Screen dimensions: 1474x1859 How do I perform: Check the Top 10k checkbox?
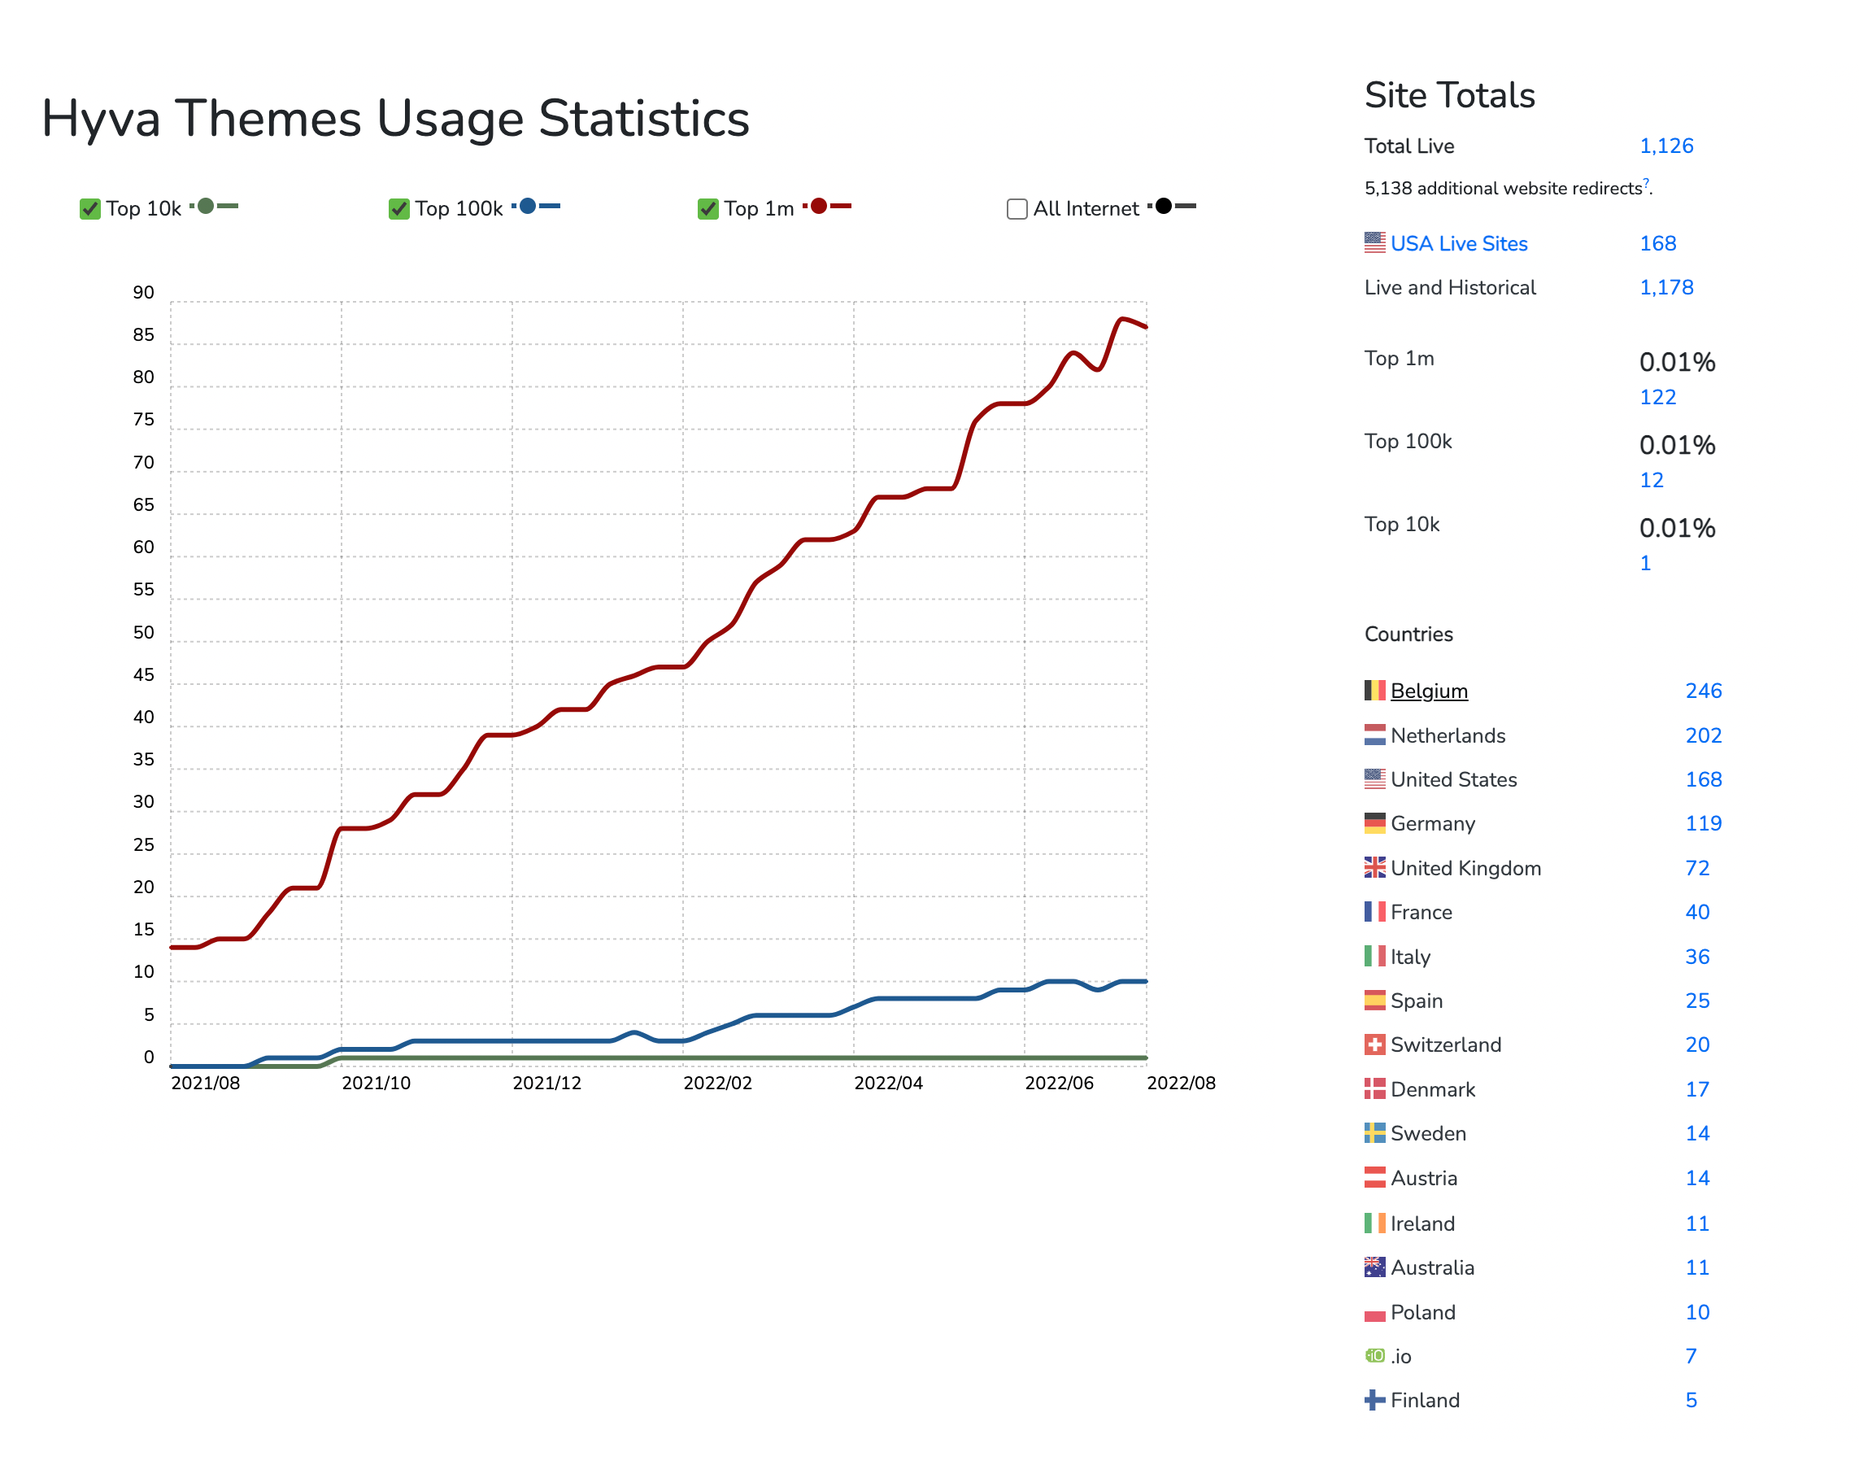tap(89, 209)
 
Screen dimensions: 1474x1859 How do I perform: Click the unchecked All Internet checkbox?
tap(1017, 209)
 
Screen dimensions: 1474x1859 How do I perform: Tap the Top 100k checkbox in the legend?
tap(398, 209)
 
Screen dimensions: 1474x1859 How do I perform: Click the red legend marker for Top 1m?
tap(818, 206)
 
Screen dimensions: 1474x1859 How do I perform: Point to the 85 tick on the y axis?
tap(143, 334)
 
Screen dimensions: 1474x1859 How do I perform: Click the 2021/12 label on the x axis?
tap(546, 1084)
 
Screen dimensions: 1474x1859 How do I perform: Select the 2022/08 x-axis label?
tap(1181, 1084)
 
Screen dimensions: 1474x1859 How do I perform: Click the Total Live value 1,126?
tap(1665, 146)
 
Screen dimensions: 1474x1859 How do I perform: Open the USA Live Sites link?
tap(1458, 243)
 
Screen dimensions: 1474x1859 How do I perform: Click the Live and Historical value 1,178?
tap(1665, 287)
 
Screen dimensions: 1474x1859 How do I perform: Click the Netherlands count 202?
tap(1703, 735)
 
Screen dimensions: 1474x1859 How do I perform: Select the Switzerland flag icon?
tap(1374, 1044)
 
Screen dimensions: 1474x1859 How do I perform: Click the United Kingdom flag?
tap(1374, 868)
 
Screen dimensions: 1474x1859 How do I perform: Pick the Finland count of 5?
tap(1691, 1400)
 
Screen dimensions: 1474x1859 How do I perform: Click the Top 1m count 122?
tap(1657, 397)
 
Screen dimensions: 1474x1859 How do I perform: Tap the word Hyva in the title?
tap(101, 118)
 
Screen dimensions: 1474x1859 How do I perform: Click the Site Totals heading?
tap(1449, 95)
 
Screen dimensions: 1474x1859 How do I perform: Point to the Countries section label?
tap(1408, 634)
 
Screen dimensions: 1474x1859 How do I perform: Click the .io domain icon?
tap(1374, 1356)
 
